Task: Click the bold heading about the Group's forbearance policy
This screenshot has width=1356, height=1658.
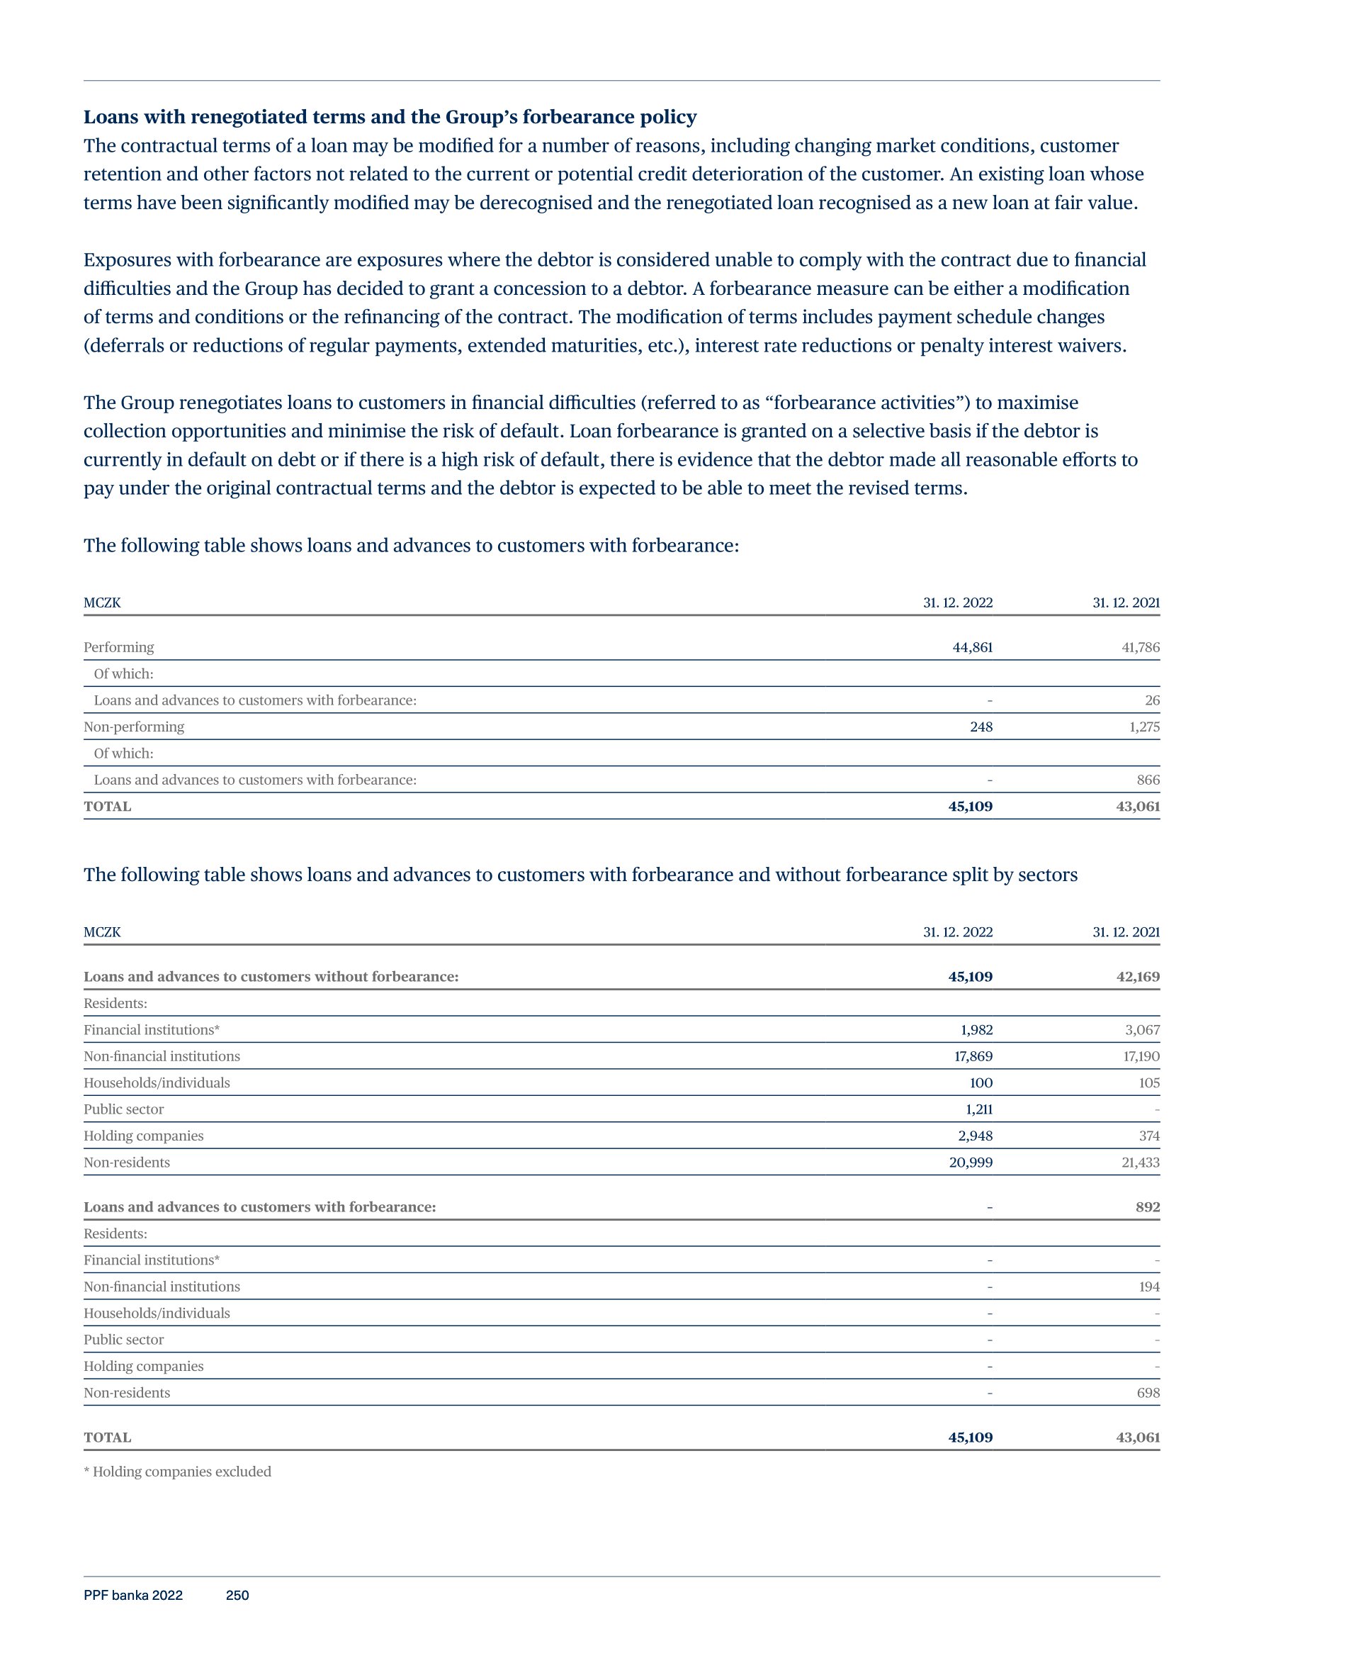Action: click(x=390, y=117)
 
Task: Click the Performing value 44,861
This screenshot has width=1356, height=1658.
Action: click(x=972, y=647)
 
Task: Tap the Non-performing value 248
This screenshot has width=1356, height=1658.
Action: click(x=981, y=727)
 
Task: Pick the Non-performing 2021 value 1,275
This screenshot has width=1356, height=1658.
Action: click(x=1143, y=727)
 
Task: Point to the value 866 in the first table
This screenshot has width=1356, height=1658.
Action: click(x=1148, y=780)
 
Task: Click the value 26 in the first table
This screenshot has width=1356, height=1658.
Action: click(x=1151, y=700)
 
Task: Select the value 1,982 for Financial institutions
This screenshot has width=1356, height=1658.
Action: click(x=976, y=1030)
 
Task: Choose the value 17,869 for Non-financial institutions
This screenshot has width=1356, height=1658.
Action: click(x=973, y=1056)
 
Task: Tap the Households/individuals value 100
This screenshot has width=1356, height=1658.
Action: click(x=981, y=1083)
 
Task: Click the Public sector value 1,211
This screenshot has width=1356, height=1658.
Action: click(x=978, y=1109)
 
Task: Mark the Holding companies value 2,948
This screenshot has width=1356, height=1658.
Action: click(x=975, y=1136)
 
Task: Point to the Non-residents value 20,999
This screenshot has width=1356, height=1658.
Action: click(x=970, y=1163)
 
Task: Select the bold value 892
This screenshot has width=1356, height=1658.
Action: click(x=1147, y=1207)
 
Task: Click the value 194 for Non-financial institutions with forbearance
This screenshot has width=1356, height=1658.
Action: click(x=1148, y=1287)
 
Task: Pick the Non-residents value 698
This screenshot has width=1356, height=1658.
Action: click(x=1148, y=1393)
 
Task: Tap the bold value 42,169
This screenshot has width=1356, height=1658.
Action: click(x=1137, y=977)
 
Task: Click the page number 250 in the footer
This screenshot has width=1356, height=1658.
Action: click(x=237, y=1596)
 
